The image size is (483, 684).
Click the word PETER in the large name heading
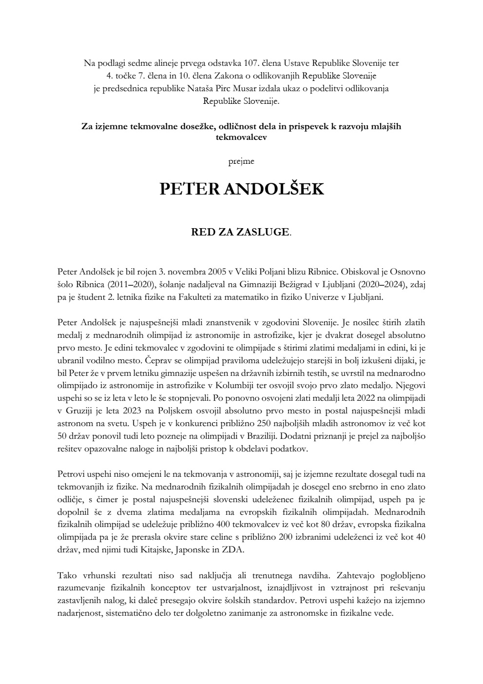189,189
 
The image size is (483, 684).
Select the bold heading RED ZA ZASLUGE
240,232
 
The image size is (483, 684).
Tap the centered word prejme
241,160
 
